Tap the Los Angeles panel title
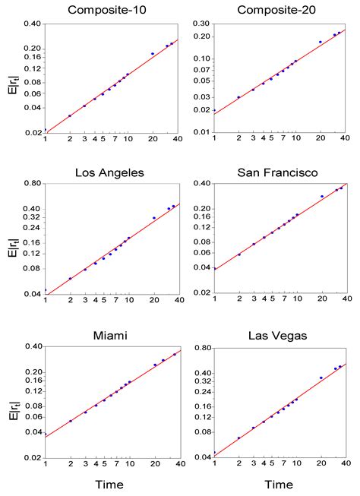point(112,172)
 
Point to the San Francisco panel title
point(281,172)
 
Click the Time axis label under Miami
point(112,484)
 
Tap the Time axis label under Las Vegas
point(281,484)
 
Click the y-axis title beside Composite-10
point(11,77)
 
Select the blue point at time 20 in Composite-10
point(153,53)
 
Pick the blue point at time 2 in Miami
point(70,421)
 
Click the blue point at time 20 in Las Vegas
point(321,378)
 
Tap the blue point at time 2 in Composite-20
point(238,97)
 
